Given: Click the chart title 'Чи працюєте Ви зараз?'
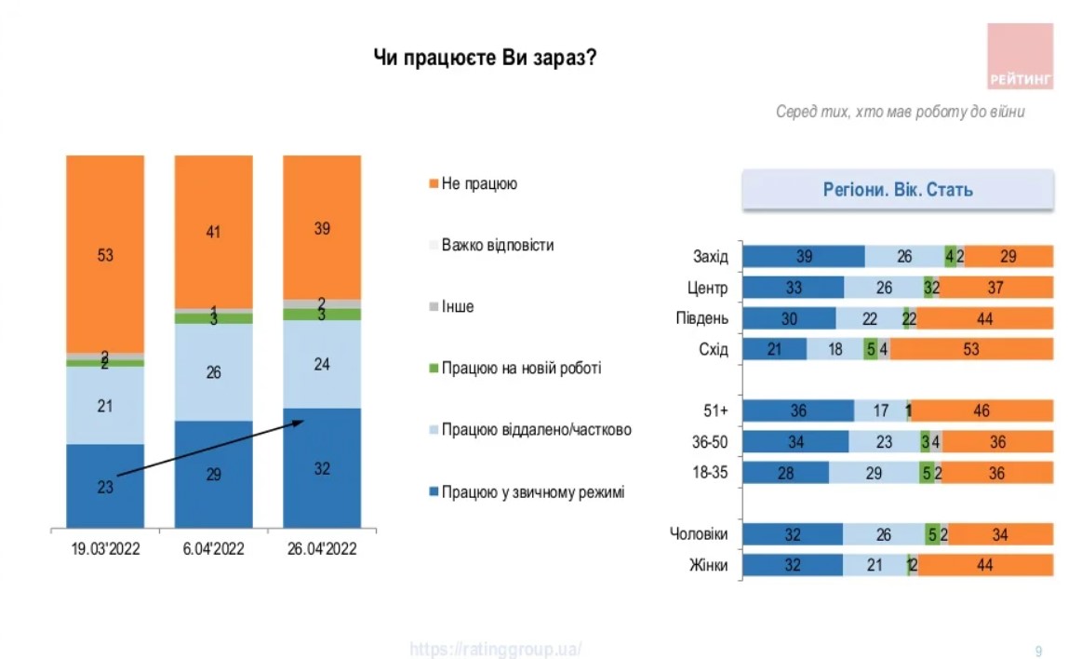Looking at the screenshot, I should tap(485, 59).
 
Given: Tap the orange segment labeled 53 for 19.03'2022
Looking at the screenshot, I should tap(105, 254).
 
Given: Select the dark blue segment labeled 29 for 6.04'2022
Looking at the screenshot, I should tap(214, 474).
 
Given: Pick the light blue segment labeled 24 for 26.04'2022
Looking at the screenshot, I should tap(322, 364).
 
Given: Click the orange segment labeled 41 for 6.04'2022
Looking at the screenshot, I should tap(214, 232).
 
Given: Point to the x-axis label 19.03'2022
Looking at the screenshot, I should tap(105, 548).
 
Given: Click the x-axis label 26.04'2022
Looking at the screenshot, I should tap(322, 548).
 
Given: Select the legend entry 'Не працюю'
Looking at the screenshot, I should tap(479, 184).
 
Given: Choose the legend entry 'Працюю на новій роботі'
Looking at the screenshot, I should tap(521, 369).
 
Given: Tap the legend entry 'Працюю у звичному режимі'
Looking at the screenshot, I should tap(532, 491).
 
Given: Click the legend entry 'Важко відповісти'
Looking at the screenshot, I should tap(498, 246).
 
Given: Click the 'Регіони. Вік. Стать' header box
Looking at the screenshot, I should tap(898, 190).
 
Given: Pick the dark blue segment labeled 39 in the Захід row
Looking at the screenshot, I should tap(805, 257).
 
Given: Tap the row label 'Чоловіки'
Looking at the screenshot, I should tap(699, 534).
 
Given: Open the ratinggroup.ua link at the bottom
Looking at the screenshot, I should tap(496, 650).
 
